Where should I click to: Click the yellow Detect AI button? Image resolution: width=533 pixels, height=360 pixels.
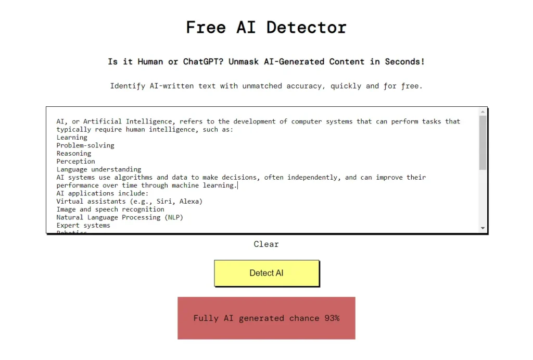pyautogui.click(x=266, y=273)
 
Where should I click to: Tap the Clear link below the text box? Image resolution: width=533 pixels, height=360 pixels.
pyautogui.click(x=266, y=244)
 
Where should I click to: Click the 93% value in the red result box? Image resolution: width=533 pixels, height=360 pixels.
pyautogui.click(x=332, y=318)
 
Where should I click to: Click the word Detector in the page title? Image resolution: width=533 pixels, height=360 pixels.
pyautogui.click(x=306, y=27)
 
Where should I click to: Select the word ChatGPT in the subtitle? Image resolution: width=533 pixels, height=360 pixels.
pyautogui.click(x=204, y=61)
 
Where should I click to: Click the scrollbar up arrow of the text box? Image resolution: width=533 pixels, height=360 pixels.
pyautogui.click(x=483, y=111)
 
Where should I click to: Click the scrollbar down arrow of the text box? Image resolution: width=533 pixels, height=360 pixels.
pyautogui.click(x=483, y=228)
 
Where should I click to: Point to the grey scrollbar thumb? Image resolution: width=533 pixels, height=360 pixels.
pyautogui.click(x=483, y=143)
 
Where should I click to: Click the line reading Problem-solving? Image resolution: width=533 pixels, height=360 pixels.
pyautogui.click(x=85, y=145)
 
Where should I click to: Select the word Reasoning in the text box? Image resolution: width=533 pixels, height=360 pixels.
pyautogui.click(x=74, y=154)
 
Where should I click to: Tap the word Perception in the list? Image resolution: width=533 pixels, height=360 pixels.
pyautogui.click(x=76, y=162)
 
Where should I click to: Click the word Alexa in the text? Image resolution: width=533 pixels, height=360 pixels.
pyautogui.click(x=191, y=201)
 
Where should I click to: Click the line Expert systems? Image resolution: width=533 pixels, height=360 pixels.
pyautogui.click(x=83, y=225)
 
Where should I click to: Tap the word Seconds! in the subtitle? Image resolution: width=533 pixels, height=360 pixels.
pyautogui.click(x=404, y=61)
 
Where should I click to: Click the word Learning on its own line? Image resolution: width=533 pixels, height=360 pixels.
pyautogui.click(x=72, y=138)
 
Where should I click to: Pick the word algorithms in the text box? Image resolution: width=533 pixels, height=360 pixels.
pyautogui.click(x=133, y=177)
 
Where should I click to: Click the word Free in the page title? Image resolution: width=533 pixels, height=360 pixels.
pyautogui.click(x=206, y=27)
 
